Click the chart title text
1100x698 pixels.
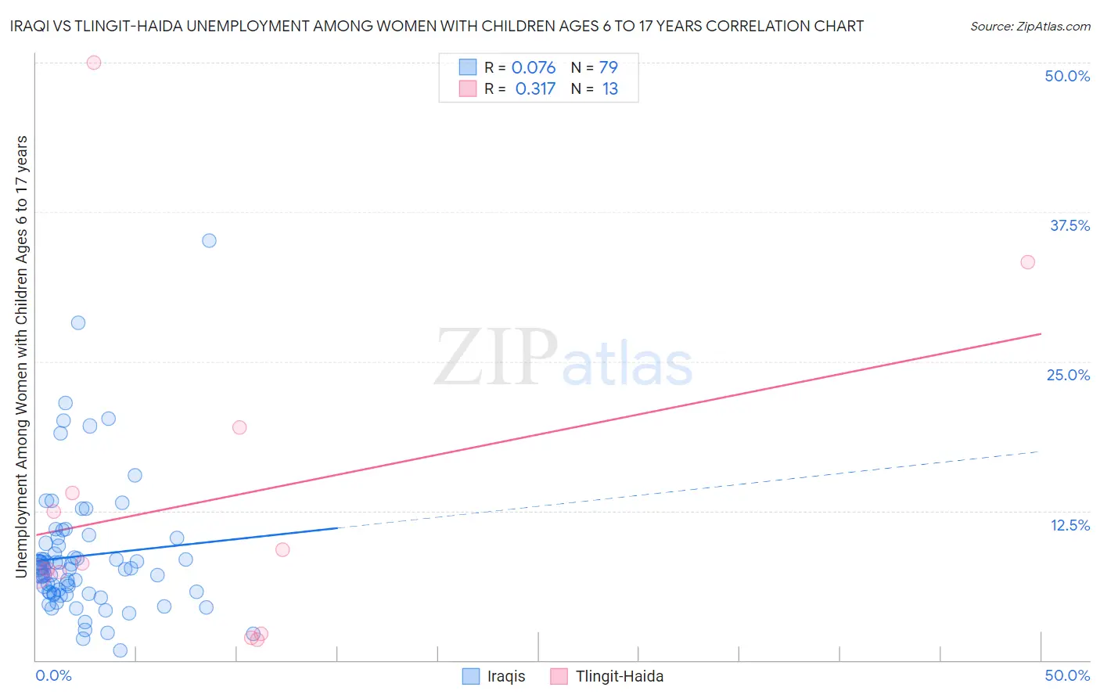[x=437, y=26]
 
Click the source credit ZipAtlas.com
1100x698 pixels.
[x=1030, y=26]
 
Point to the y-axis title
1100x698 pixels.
[x=21, y=357]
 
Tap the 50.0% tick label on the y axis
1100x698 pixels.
[x=1067, y=76]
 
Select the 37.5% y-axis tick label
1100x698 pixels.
[x=1069, y=225]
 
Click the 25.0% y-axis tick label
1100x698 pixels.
[x=1068, y=375]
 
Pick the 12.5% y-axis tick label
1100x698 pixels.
[x=1069, y=525]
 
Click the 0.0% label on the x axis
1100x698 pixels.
[x=53, y=675]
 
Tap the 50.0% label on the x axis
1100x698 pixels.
[x=1067, y=675]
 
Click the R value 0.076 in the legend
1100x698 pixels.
[x=534, y=67]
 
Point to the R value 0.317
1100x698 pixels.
[x=535, y=88]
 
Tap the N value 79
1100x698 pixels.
[x=609, y=67]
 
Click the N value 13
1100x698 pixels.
[x=610, y=88]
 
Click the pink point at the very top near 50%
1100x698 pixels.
[x=94, y=63]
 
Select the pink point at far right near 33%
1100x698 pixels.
[x=1027, y=262]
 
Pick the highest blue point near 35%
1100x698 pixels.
[x=209, y=240]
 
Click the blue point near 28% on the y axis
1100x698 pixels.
[x=78, y=322]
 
